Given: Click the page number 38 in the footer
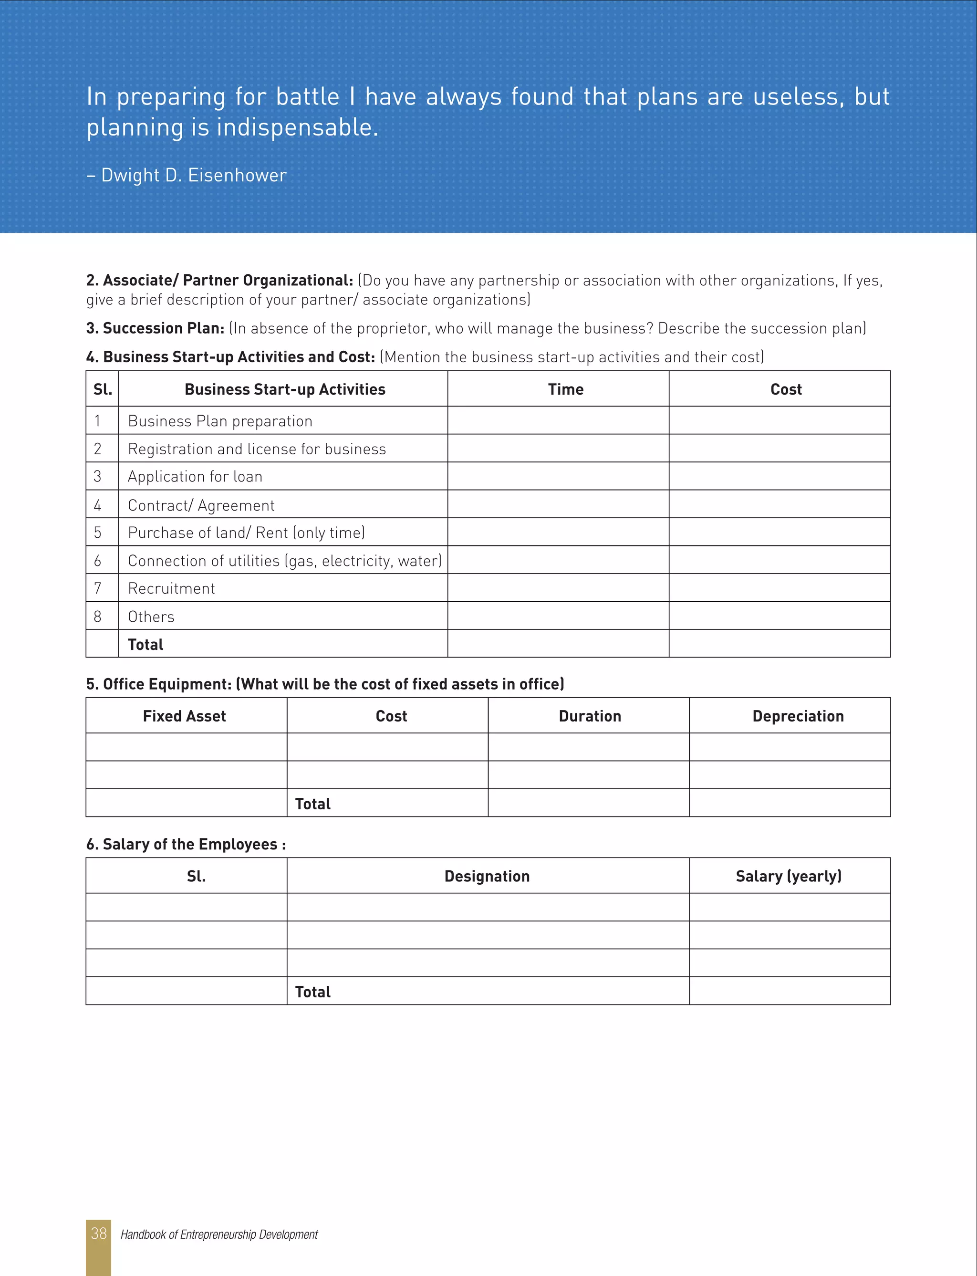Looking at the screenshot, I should click(x=98, y=1233).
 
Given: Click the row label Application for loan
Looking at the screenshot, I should click(x=195, y=476).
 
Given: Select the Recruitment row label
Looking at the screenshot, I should click(x=171, y=588).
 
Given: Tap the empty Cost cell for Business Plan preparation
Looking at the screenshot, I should click(x=780, y=420).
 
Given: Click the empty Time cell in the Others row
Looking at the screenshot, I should click(x=558, y=616).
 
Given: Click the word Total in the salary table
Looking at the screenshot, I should click(x=312, y=992).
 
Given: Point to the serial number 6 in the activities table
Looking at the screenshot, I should click(x=98, y=561).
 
